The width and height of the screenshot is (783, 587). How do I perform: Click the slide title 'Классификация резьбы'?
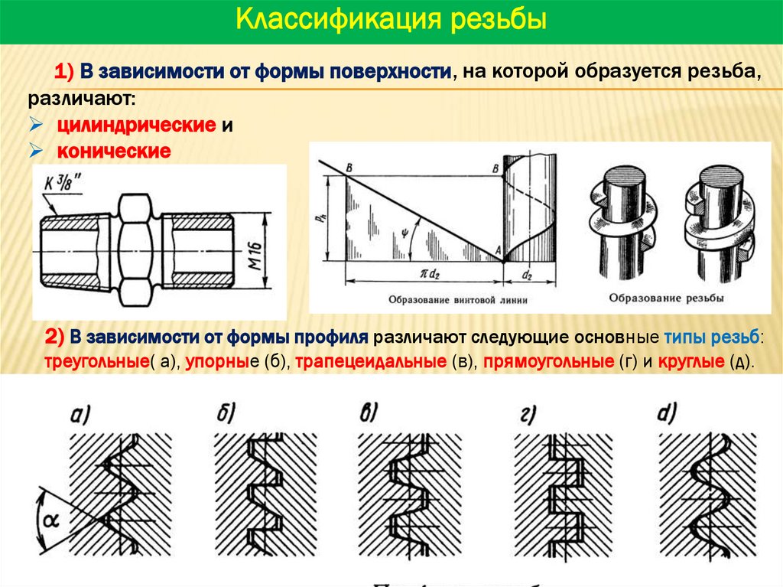[391, 20]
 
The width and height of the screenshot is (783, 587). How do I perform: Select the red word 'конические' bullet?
[112, 151]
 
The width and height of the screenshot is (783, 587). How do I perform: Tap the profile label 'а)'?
[82, 415]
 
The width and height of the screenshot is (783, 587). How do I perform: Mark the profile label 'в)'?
[370, 414]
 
